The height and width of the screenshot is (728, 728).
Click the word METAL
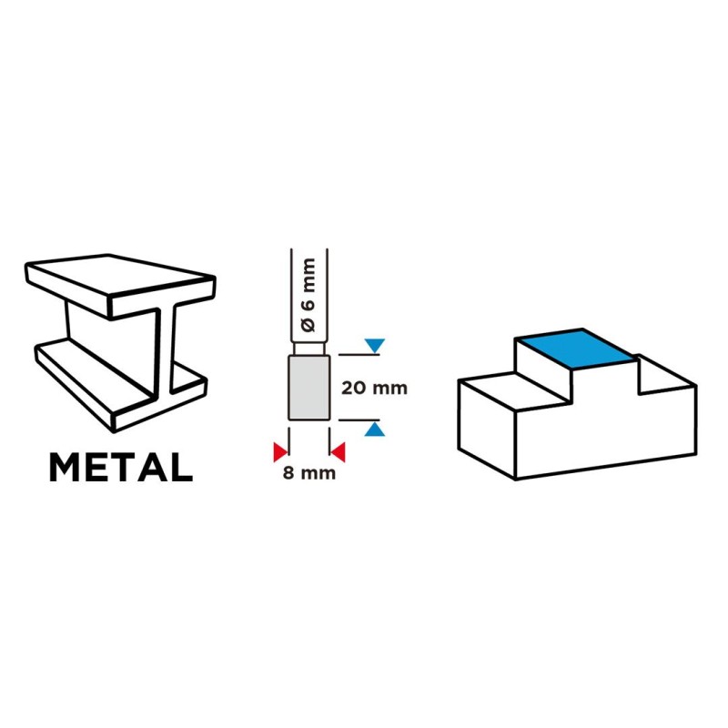121,467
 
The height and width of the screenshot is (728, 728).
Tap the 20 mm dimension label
374,389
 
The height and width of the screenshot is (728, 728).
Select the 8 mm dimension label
309,473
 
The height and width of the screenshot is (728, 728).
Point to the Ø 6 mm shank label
308,295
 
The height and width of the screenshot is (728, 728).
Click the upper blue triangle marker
375,346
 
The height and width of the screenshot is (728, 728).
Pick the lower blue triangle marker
375,429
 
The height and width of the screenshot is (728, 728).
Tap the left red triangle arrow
280,452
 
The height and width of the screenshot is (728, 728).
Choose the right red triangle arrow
338,452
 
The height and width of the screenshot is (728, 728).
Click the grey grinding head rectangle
309,388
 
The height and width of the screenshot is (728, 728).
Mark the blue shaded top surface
577,349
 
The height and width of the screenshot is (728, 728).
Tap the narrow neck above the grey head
309,349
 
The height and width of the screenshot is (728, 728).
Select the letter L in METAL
181,467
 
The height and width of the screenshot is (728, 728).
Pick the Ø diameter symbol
308,325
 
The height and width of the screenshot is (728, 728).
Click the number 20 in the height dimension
354,389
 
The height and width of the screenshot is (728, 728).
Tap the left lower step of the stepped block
514,392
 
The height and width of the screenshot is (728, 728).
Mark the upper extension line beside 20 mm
359,355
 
